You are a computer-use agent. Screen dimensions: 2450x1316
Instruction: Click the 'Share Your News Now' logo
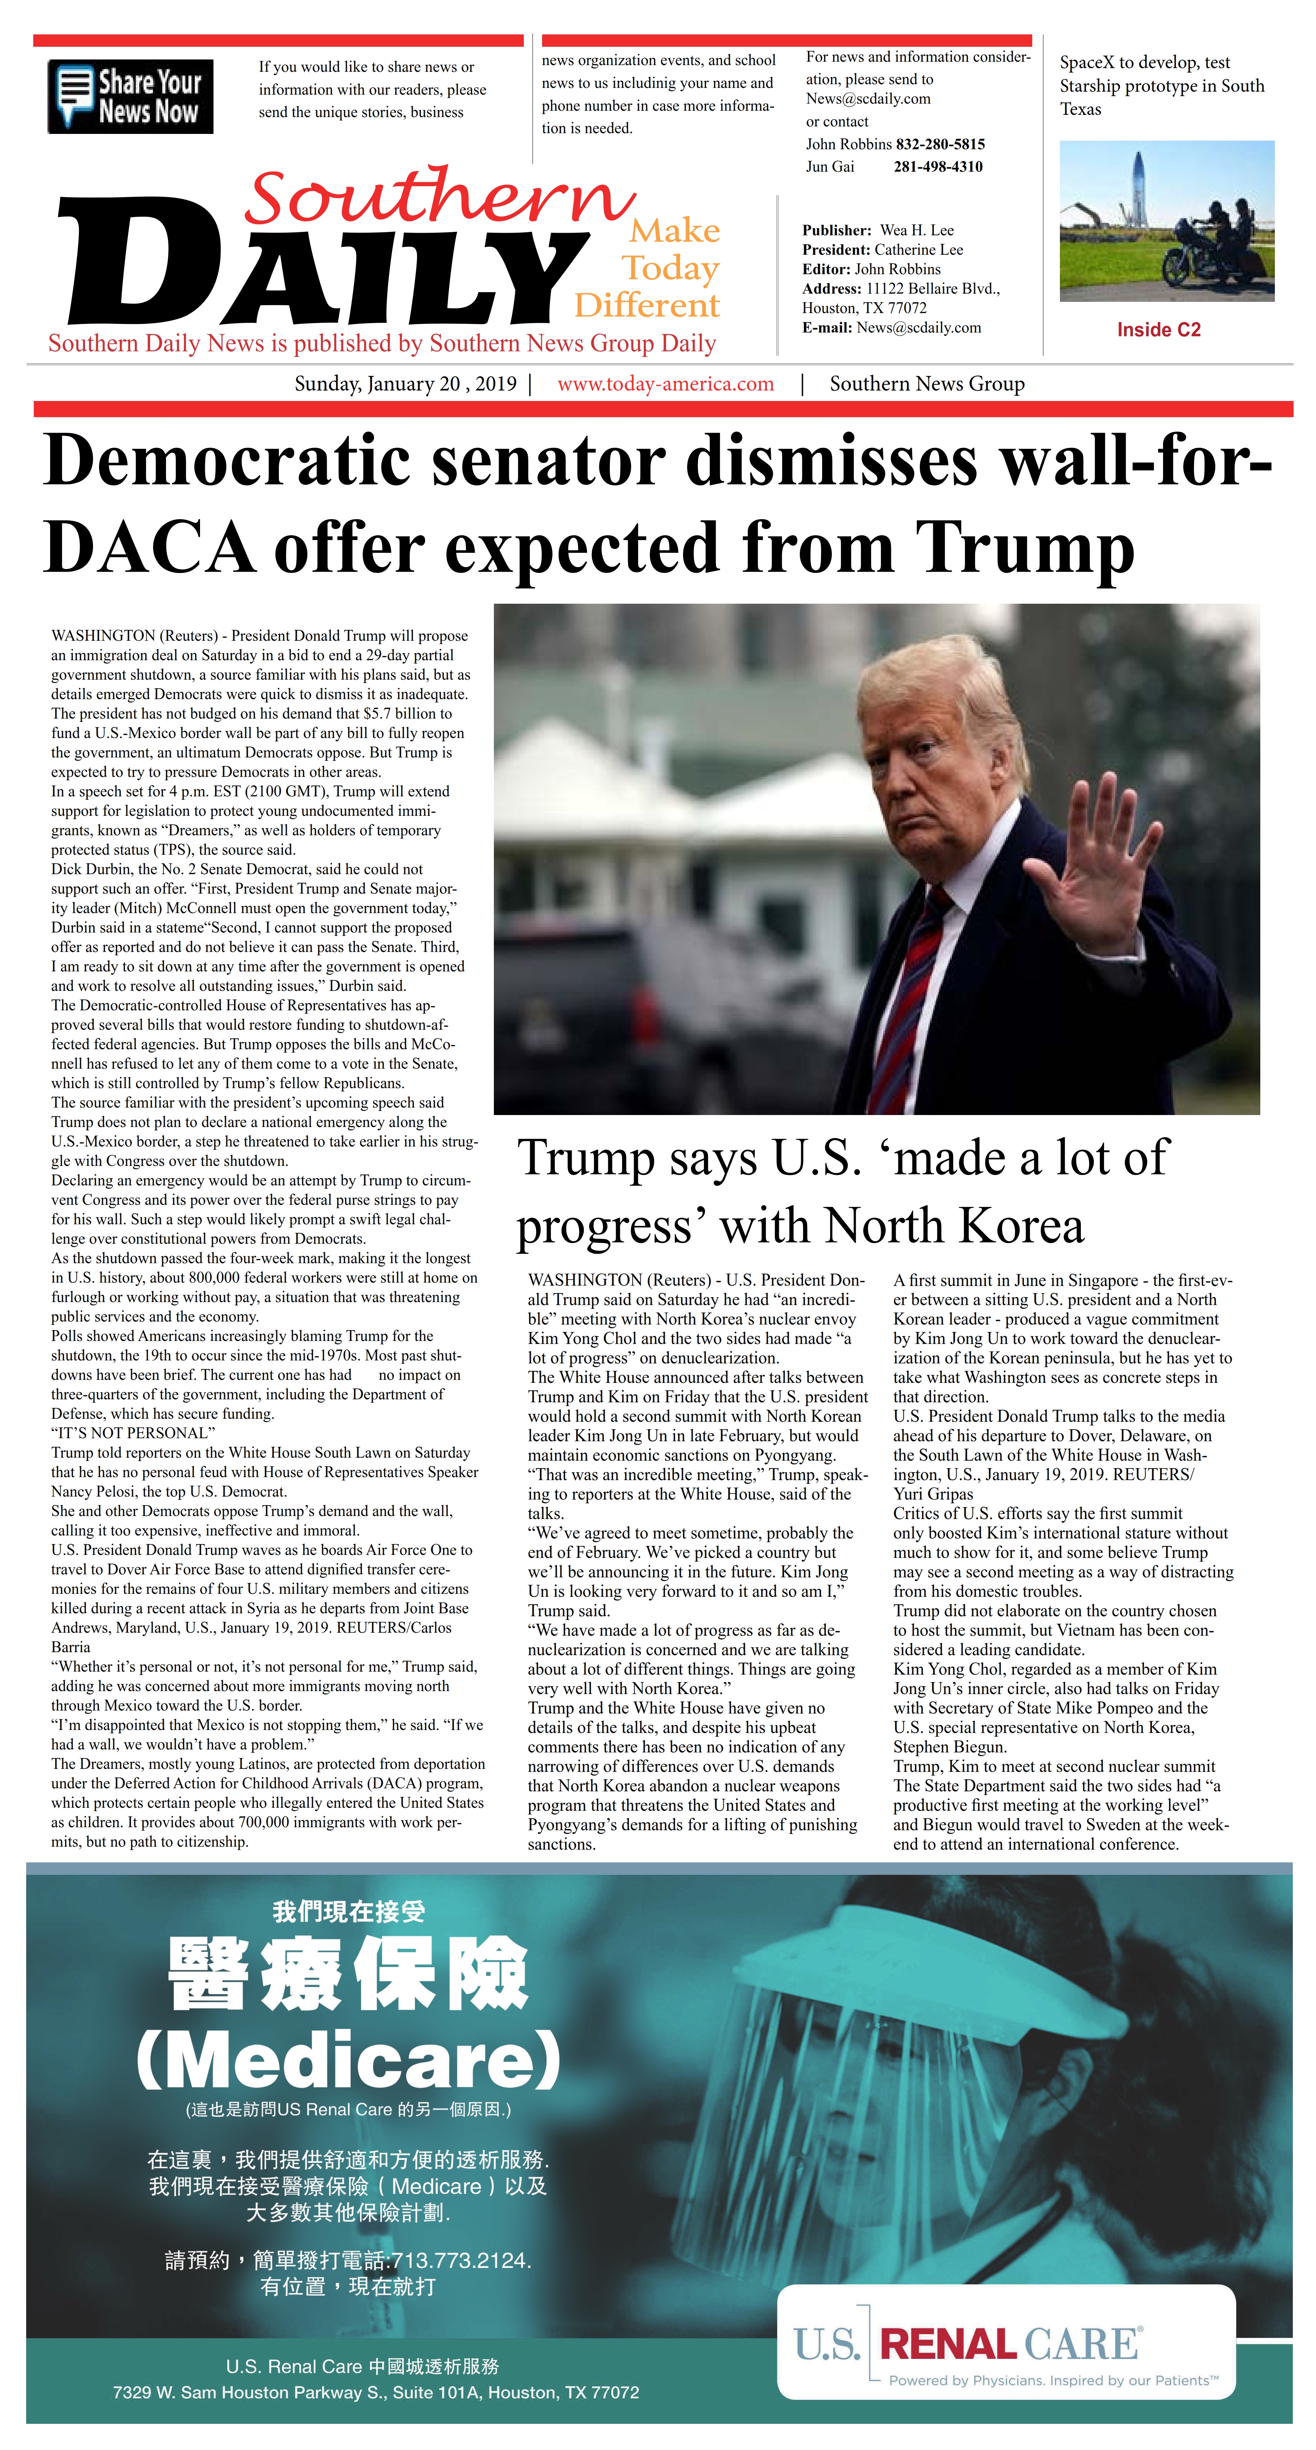(130, 96)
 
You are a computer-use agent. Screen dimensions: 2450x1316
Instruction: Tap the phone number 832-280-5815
(940, 144)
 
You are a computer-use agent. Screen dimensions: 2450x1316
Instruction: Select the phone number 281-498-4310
(938, 166)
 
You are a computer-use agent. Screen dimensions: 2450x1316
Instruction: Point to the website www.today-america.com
(665, 384)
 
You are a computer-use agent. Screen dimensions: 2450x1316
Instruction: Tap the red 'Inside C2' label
(1158, 330)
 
